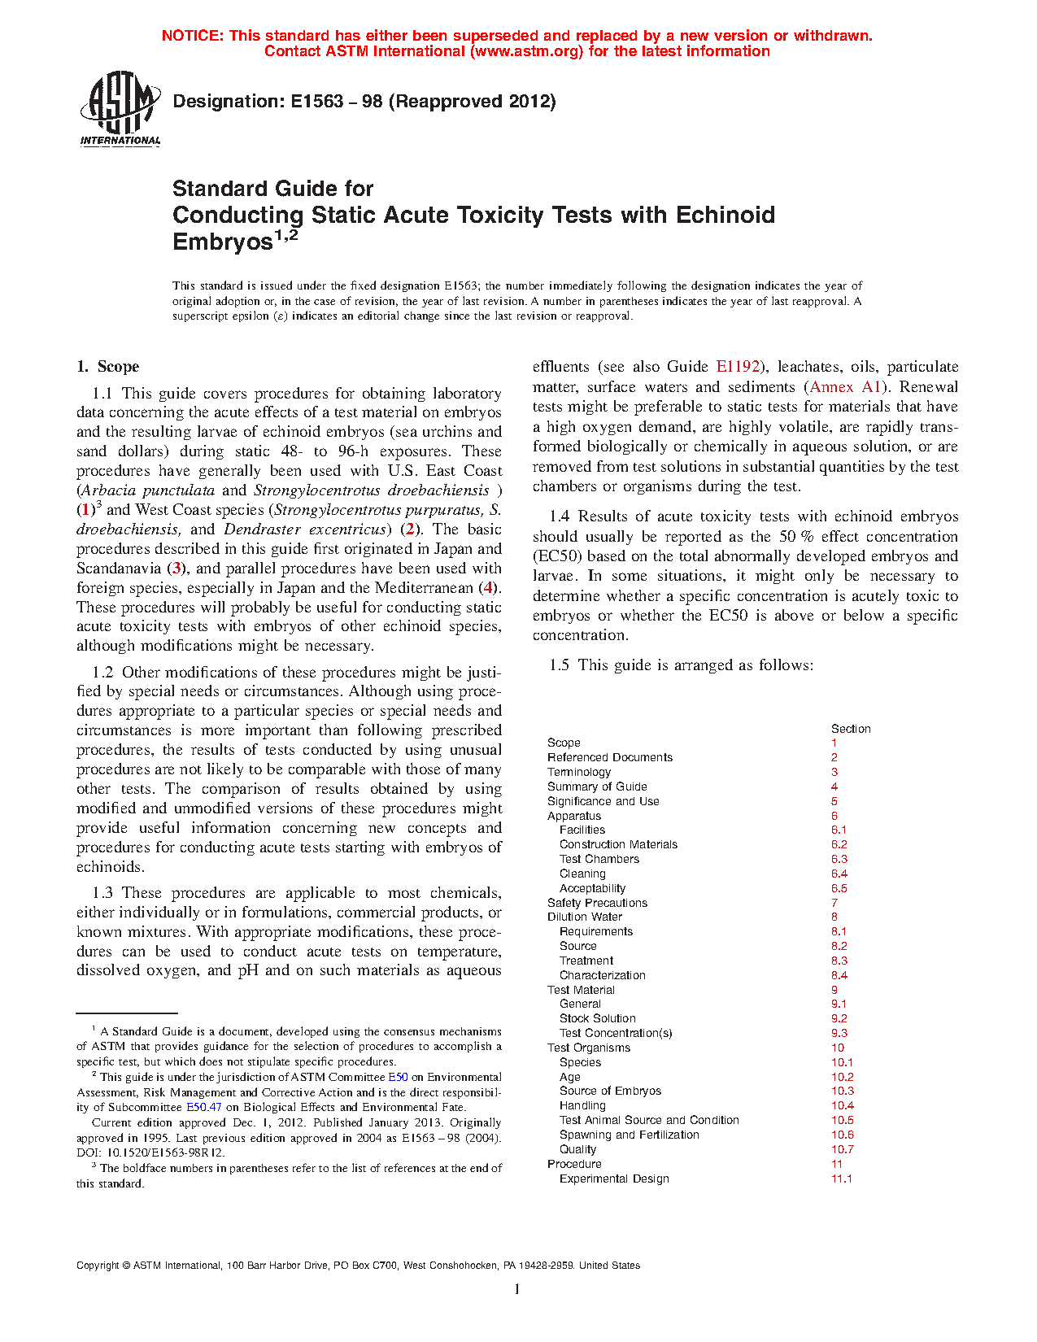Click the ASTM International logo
point(120,108)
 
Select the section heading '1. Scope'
point(108,367)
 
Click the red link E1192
point(738,367)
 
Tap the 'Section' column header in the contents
point(851,729)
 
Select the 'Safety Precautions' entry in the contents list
point(597,903)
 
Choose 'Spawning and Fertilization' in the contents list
point(629,1135)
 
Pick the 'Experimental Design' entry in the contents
point(614,1179)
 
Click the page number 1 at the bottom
point(517,1289)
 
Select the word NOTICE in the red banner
point(192,36)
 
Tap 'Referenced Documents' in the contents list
point(610,757)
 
